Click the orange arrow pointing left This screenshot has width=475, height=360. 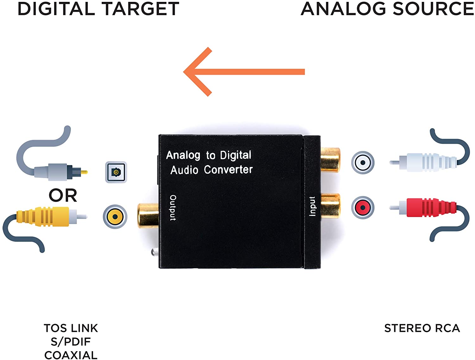[x=244, y=72]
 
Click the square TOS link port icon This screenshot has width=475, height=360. [x=116, y=172]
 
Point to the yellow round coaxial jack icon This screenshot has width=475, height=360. [x=115, y=216]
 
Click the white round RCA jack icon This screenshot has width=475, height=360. [x=363, y=163]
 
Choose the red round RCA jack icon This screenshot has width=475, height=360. [x=363, y=208]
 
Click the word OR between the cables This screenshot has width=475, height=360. [x=63, y=195]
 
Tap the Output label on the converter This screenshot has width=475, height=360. [x=173, y=208]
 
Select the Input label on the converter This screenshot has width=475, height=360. [x=312, y=206]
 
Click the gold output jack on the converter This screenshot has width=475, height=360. [x=148, y=215]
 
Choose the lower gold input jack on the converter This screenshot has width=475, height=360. [x=331, y=206]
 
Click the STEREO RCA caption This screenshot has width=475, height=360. [x=422, y=328]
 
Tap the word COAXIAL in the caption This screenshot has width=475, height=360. [x=71, y=355]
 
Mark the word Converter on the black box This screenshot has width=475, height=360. [x=228, y=170]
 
